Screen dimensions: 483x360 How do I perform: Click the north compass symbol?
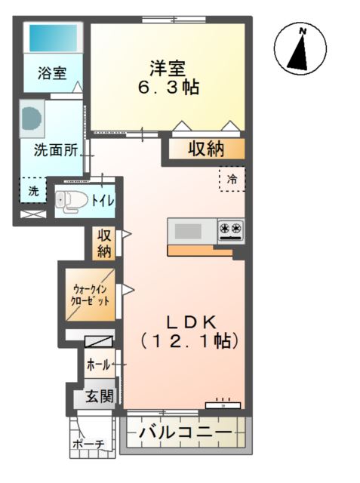[x=303, y=50]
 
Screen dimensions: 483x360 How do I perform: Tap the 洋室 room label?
[x=168, y=67]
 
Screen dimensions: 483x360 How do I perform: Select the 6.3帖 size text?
[x=168, y=88]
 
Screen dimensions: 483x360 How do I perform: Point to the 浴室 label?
[x=52, y=74]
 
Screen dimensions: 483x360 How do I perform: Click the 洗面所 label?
[x=56, y=149]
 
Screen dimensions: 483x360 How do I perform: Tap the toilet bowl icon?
[x=69, y=200]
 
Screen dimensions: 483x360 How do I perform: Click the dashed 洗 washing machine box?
[x=32, y=191]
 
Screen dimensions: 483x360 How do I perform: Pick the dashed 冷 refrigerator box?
[x=232, y=179]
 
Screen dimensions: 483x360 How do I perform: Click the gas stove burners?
[x=230, y=228]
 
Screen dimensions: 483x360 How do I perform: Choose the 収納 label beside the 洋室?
[x=205, y=149]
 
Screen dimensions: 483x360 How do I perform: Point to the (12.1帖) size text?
[x=190, y=340]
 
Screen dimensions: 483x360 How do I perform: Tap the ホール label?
[x=98, y=365]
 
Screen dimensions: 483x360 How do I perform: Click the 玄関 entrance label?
[x=98, y=395]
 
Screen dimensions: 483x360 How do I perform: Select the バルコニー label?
[x=185, y=434]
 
